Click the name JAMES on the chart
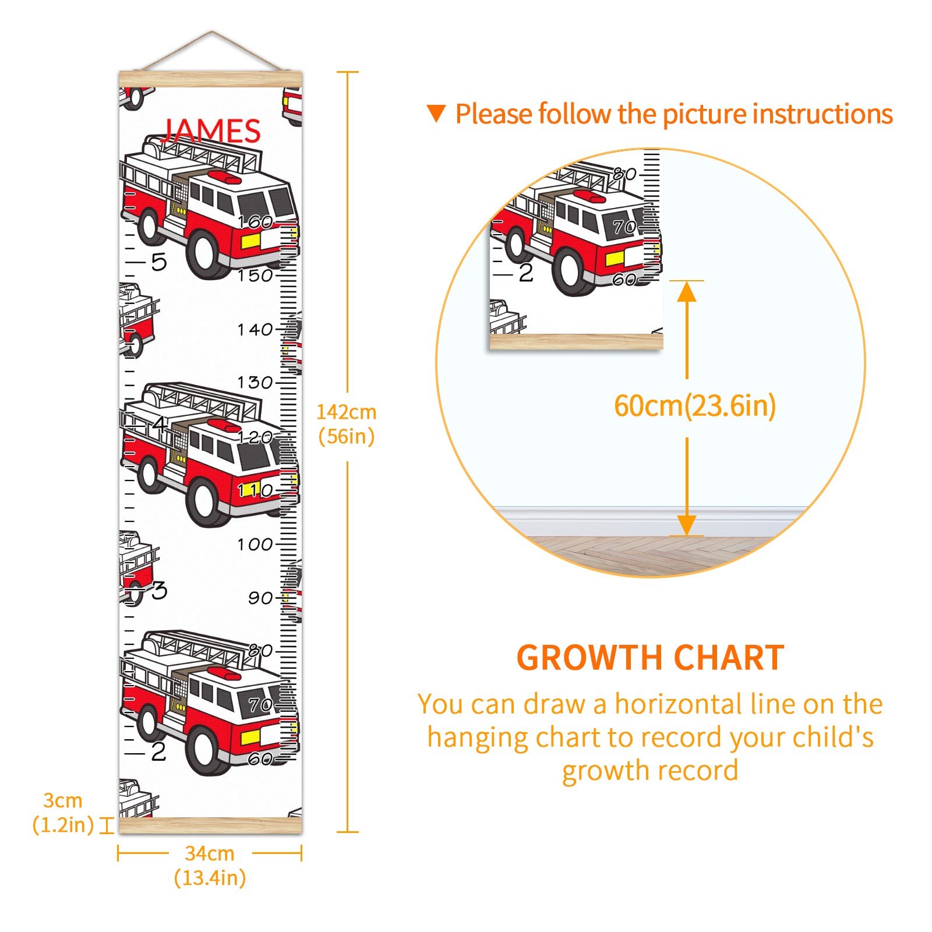(211, 130)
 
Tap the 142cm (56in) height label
(347, 424)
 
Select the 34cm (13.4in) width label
(210, 866)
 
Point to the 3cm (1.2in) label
(63, 813)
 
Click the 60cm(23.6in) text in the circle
(695, 405)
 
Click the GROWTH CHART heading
(650, 658)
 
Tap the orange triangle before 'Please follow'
(436, 113)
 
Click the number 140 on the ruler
(255, 330)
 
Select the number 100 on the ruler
(255, 545)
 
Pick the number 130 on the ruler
(255, 383)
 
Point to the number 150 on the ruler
(255, 276)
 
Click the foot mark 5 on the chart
(159, 262)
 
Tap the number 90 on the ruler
(260, 598)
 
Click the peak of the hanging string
(212, 31)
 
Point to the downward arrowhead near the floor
(687, 525)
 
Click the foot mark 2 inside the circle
(526, 273)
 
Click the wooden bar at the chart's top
(210, 79)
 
